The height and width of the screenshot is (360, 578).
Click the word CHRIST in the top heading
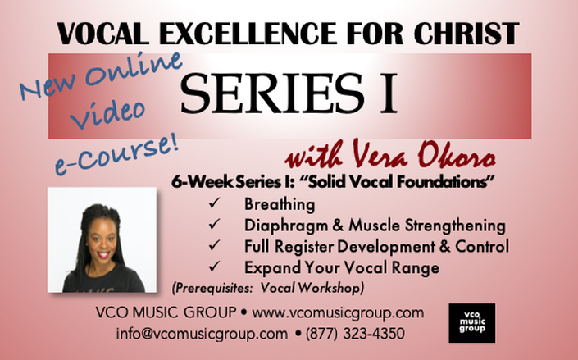click(466, 34)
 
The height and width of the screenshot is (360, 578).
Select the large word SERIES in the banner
click(272, 93)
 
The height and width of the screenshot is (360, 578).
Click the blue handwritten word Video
click(107, 114)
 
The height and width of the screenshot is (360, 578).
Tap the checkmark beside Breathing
click(214, 203)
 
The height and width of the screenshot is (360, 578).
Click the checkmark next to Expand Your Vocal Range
click(214, 266)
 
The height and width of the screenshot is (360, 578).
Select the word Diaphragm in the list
click(286, 226)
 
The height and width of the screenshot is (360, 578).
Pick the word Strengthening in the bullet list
click(455, 226)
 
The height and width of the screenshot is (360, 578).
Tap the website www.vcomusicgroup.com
click(338, 312)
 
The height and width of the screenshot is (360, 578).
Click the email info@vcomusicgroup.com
click(202, 334)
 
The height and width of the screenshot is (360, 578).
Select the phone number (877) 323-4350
click(355, 334)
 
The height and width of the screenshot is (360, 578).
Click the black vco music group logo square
click(472, 323)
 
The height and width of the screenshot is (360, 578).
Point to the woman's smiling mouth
click(103, 255)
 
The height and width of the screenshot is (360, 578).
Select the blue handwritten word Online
click(134, 69)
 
